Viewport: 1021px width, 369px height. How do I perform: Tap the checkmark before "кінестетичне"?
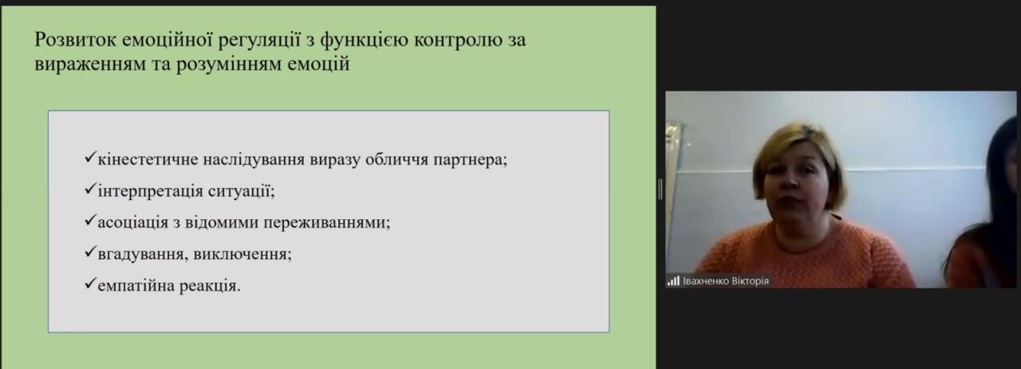[x=89, y=157]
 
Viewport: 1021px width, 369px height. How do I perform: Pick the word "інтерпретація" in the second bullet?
[x=151, y=191]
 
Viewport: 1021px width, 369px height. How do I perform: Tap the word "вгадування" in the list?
[x=140, y=254]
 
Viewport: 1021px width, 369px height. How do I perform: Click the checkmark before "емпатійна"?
[x=89, y=284]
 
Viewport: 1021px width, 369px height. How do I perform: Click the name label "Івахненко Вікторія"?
[x=726, y=281]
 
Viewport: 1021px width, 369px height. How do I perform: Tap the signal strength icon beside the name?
[x=673, y=281]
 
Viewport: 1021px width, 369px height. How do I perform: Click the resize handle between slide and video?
[x=660, y=189]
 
